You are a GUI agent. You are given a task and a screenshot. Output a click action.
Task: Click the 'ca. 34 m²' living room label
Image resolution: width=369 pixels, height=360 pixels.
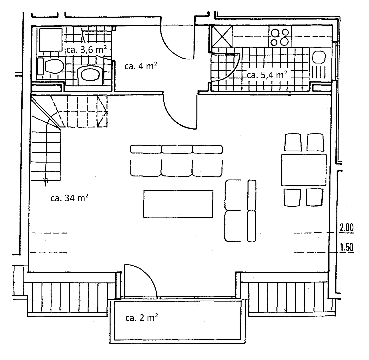click(69, 198)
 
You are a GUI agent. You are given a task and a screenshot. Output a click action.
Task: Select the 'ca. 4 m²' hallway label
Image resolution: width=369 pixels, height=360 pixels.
click(141, 66)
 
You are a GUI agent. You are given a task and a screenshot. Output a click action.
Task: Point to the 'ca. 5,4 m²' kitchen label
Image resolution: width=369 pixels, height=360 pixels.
click(267, 74)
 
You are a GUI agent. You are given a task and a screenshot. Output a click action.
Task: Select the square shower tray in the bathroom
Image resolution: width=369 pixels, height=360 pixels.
click(50, 40)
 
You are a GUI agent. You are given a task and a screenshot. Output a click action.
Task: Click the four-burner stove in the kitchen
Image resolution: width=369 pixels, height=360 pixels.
click(280, 37)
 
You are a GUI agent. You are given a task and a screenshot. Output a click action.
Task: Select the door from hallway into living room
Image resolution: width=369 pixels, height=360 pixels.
click(177, 112)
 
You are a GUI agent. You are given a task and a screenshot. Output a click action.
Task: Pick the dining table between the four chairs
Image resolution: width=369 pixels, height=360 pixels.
click(304, 170)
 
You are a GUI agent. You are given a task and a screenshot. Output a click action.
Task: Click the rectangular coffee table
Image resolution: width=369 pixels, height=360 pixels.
click(178, 204)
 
